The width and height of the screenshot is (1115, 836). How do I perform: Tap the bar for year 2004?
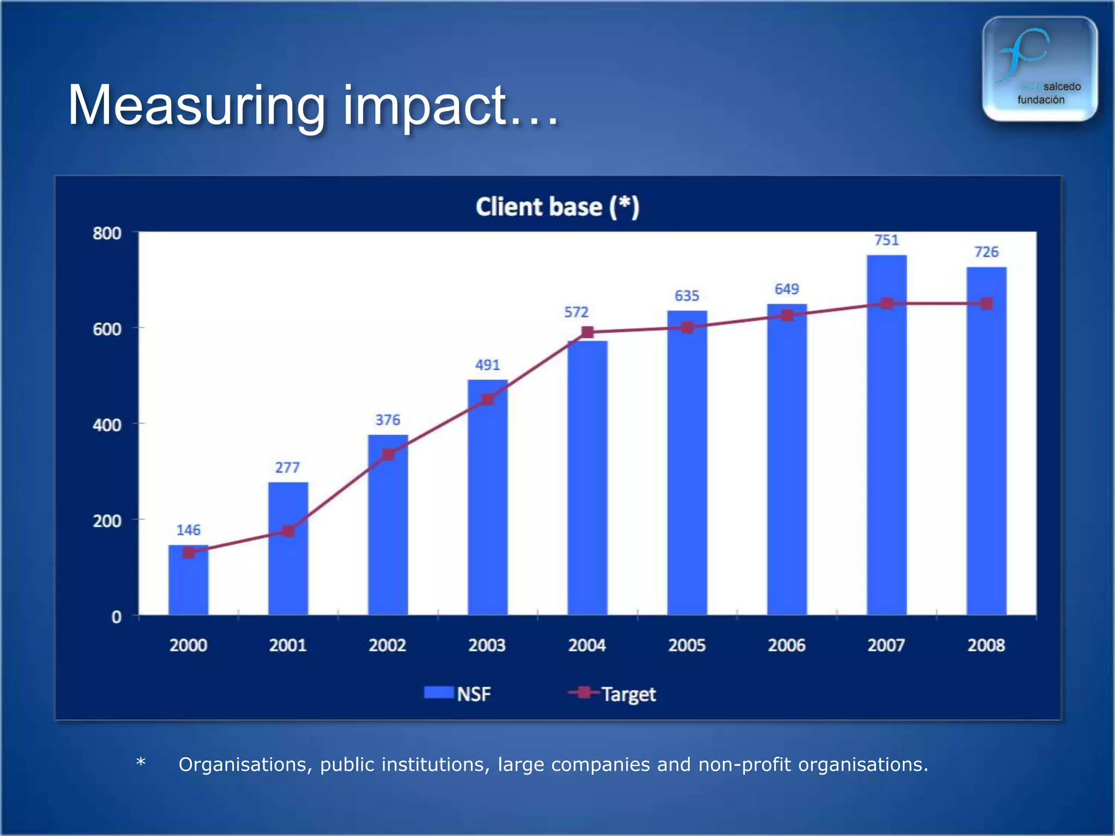coord(587,479)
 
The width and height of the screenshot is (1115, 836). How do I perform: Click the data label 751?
coord(886,240)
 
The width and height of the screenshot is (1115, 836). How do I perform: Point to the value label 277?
coord(287,468)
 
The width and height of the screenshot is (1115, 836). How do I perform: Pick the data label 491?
coord(487,365)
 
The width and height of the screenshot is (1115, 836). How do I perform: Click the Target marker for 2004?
coord(587,332)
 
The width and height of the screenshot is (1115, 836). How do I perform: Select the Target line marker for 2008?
coord(987,304)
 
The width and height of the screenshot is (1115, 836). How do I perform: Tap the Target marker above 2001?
coord(288,531)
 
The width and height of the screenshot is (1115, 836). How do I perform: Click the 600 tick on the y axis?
coord(107,329)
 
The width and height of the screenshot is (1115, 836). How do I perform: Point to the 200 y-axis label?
coord(107,521)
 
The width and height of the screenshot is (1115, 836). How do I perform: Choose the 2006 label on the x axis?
coord(786,646)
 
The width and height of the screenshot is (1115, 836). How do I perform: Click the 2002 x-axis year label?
coord(387,646)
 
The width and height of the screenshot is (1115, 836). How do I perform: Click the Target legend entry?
coord(612,694)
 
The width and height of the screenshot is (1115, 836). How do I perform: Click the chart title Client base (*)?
coord(557,207)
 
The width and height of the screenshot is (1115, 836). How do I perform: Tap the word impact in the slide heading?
coord(425,106)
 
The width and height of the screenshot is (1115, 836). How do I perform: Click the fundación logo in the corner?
coord(1039,69)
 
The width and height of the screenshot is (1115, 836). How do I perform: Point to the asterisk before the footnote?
coord(140,762)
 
